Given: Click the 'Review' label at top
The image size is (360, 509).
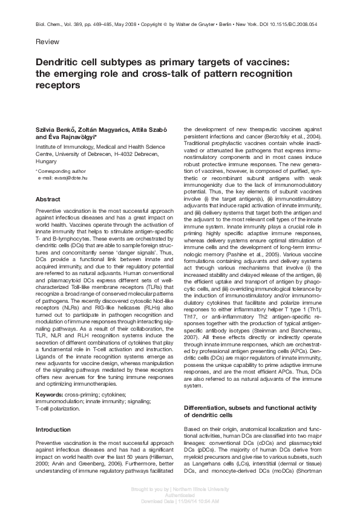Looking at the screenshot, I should [x=48, y=42].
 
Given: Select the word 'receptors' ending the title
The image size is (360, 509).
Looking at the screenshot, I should [x=58, y=85].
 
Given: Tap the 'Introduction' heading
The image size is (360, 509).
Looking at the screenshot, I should [x=53, y=412].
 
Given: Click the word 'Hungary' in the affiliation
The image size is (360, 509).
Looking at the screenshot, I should [x=47, y=161].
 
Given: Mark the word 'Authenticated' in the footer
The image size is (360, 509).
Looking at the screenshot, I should [x=180, y=493].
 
